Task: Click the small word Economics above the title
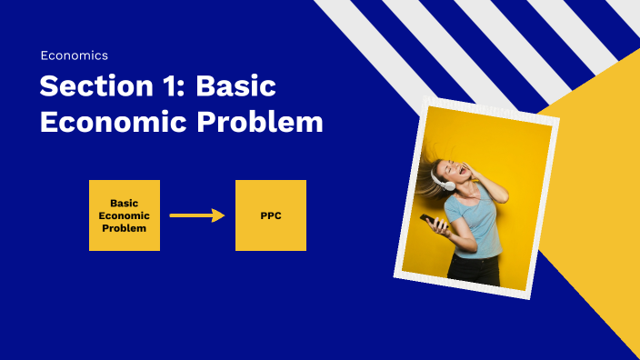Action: [74, 55]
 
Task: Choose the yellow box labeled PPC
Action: [271, 215]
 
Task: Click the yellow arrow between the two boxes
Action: [196, 215]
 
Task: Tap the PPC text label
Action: [271, 215]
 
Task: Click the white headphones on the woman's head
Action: [449, 183]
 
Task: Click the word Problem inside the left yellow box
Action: [125, 228]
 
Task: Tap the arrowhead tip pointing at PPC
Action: [223, 215]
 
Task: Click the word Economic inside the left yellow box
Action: [125, 215]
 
